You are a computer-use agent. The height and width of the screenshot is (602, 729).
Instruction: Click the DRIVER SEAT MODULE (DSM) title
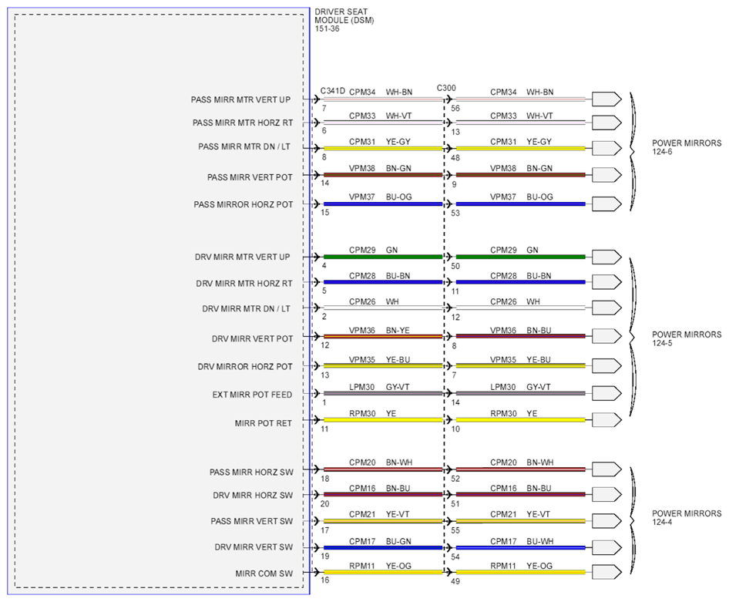(x=344, y=20)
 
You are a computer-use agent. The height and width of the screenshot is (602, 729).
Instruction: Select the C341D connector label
(x=332, y=91)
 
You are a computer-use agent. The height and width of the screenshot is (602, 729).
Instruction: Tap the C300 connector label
(x=446, y=88)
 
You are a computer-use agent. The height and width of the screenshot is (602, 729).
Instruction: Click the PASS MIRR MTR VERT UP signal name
(x=240, y=99)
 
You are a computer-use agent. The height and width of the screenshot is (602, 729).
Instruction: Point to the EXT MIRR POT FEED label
(x=252, y=395)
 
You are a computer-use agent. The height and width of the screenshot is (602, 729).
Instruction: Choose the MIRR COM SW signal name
(x=264, y=573)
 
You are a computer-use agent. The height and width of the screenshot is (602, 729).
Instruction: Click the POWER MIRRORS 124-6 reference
(x=687, y=147)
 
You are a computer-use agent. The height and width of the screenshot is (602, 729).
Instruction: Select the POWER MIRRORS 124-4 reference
(x=687, y=517)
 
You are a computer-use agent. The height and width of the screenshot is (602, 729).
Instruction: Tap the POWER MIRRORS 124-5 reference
(x=687, y=339)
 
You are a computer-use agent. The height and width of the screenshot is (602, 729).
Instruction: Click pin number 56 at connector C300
(x=455, y=109)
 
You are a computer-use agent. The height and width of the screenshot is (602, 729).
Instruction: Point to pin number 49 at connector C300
(x=455, y=581)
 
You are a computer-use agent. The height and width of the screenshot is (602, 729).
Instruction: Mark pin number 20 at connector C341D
(x=324, y=504)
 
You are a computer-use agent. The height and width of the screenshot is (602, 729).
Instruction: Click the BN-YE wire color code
(x=398, y=331)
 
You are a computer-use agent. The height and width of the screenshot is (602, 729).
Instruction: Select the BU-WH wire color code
(x=539, y=542)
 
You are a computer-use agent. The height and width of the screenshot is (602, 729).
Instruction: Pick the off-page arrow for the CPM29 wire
(x=606, y=257)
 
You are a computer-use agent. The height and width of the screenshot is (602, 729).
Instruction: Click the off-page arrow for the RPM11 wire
(x=606, y=572)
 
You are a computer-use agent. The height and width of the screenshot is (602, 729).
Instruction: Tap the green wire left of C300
(x=383, y=257)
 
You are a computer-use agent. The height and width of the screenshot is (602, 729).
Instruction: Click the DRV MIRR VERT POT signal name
(x=252, y=339)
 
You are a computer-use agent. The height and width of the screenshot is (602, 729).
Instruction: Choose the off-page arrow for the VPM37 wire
(x=606, y=203)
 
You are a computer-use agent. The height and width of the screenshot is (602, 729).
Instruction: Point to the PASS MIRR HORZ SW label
(x=251, y=473)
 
